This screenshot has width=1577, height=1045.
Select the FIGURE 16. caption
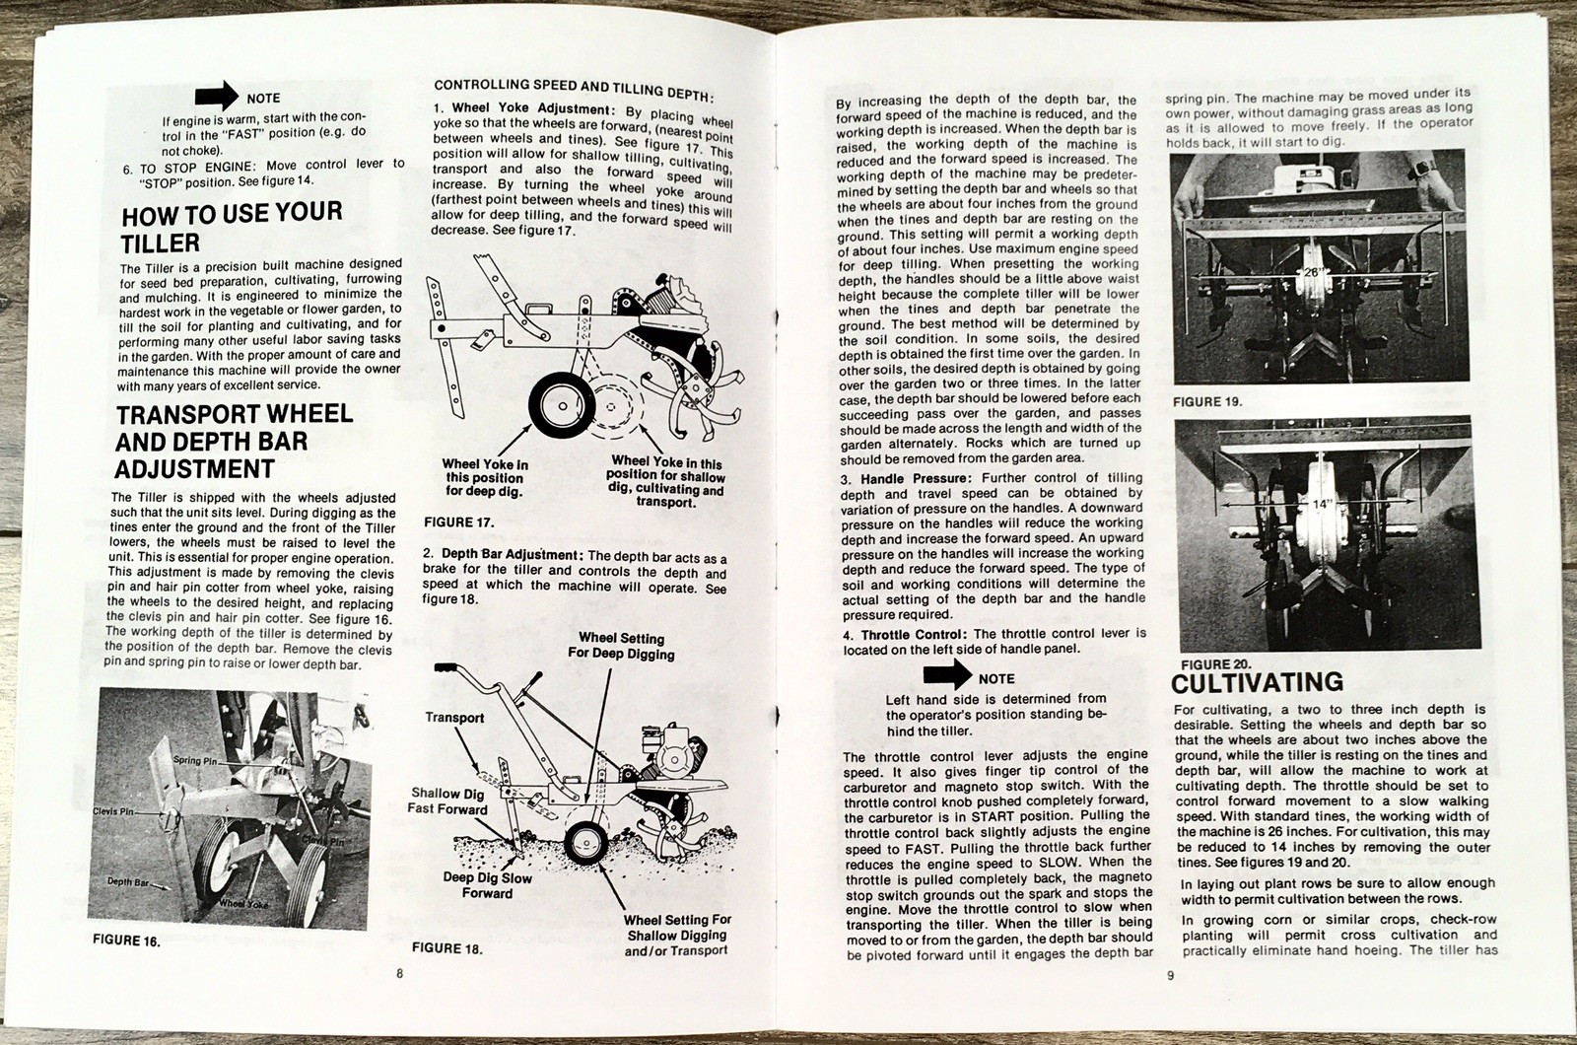click(x=124, y=940)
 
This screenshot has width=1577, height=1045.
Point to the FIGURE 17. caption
click(x=457, y=522)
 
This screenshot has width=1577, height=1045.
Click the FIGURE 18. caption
click(x=446, y=948)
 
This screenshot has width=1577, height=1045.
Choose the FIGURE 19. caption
click(x=1207, y=402)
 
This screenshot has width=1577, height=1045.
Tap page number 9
click(x=1169, y=976)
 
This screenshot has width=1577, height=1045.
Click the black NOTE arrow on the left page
click(x=217, y=96)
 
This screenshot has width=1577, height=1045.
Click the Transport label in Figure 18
click(x=454, y=718)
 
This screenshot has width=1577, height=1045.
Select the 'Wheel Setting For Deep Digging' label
click(x=621, y=646)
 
